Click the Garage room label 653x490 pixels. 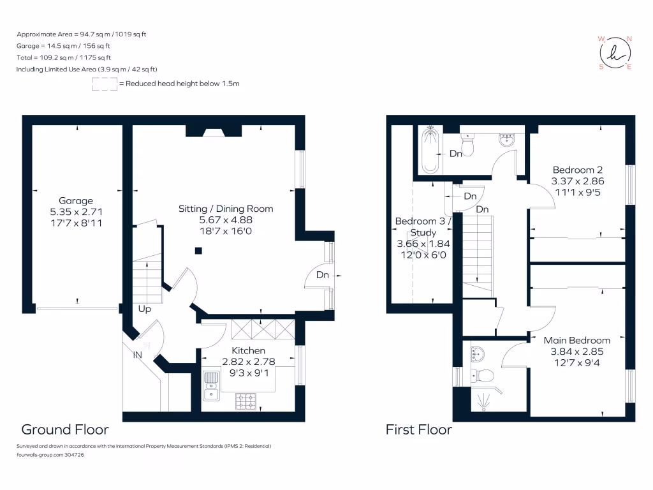click(x=76, y=201)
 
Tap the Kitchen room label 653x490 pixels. click(x=248, y=350)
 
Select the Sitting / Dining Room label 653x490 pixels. click(x=226, y=209)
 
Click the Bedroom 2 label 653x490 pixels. click(x=578, y=170)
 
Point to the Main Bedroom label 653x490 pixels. click(x=576, y=341)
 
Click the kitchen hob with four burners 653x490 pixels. click(x=246, y=401)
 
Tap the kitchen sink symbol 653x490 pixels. click(x=211, y=385)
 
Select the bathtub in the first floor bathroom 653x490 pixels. click(x=430, y=151)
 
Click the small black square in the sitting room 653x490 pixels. click(x=199, y=251)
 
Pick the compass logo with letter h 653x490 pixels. click(x=615, y=53)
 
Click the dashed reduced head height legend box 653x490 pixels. click(x=105, y=84)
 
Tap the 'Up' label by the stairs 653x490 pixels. click(x=145, y=309)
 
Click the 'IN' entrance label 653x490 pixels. click(x=138, y=355)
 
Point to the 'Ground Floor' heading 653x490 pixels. click(x=65, y=429)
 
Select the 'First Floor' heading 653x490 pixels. click(x=418, y=429)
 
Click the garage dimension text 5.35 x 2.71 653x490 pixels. click(x=77, y=212)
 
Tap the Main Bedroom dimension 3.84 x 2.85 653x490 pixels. click(x=576, y=352)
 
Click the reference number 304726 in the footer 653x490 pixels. click(x=74, y=455)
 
